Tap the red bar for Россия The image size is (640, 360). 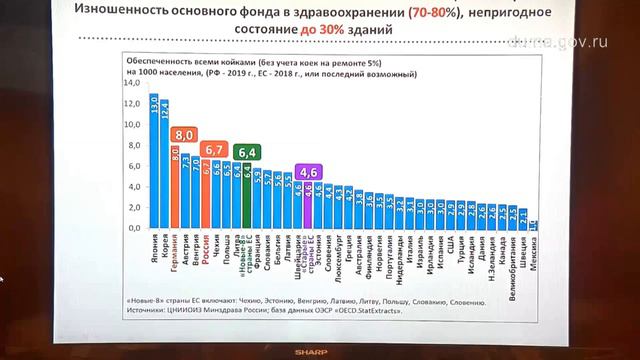click(208, 195)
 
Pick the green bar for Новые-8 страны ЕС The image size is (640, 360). click(247, 198)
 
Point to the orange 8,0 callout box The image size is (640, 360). click(182, 133)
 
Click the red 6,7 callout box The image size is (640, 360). click(213, 149)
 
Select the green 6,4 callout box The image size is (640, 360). click(249, 152)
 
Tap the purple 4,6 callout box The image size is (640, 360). click(310, 170)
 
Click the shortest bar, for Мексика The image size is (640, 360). click(533, 225)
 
